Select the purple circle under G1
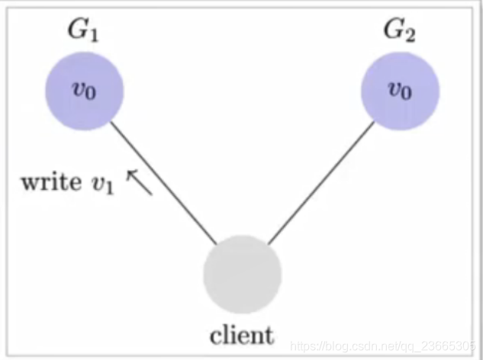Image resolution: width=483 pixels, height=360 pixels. [84, 90]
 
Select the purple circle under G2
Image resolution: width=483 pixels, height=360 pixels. [399, 90]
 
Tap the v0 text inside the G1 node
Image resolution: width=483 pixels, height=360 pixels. [84, 90]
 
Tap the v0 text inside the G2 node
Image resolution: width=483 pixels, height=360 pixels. [399, 90]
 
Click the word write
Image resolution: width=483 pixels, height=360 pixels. [47, 183]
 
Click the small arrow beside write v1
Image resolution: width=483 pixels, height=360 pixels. [139, 182]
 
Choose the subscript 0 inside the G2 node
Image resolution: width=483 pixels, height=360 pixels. [406, 94]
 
